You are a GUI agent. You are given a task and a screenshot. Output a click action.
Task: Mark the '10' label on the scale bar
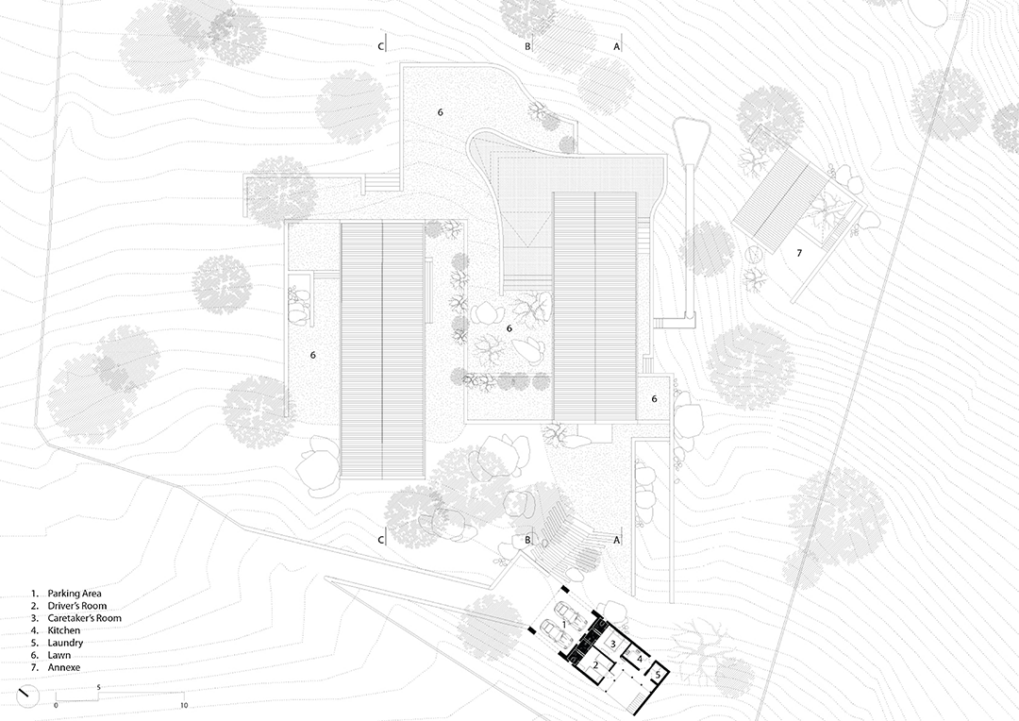point(185,705)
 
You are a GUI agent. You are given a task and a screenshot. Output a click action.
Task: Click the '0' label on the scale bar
point(56,705)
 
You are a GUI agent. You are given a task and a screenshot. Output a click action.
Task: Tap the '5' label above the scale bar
point(99,687)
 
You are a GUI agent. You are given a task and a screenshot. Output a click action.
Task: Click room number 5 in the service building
point(658,674)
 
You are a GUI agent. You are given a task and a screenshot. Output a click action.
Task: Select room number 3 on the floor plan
point(613,644)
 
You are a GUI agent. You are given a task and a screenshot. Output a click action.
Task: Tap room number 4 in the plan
point(640,658)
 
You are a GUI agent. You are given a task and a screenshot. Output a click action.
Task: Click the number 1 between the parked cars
point(564,624)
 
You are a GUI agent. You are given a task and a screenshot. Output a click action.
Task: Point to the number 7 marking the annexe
point(799,253)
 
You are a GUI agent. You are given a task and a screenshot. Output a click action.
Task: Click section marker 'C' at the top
point(381,45)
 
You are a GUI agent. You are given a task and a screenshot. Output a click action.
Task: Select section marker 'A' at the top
point(617,45)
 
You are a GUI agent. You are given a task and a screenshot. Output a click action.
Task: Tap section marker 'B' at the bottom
point(528,540)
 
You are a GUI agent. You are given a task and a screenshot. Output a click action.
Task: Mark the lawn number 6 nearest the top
point(440,111)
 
